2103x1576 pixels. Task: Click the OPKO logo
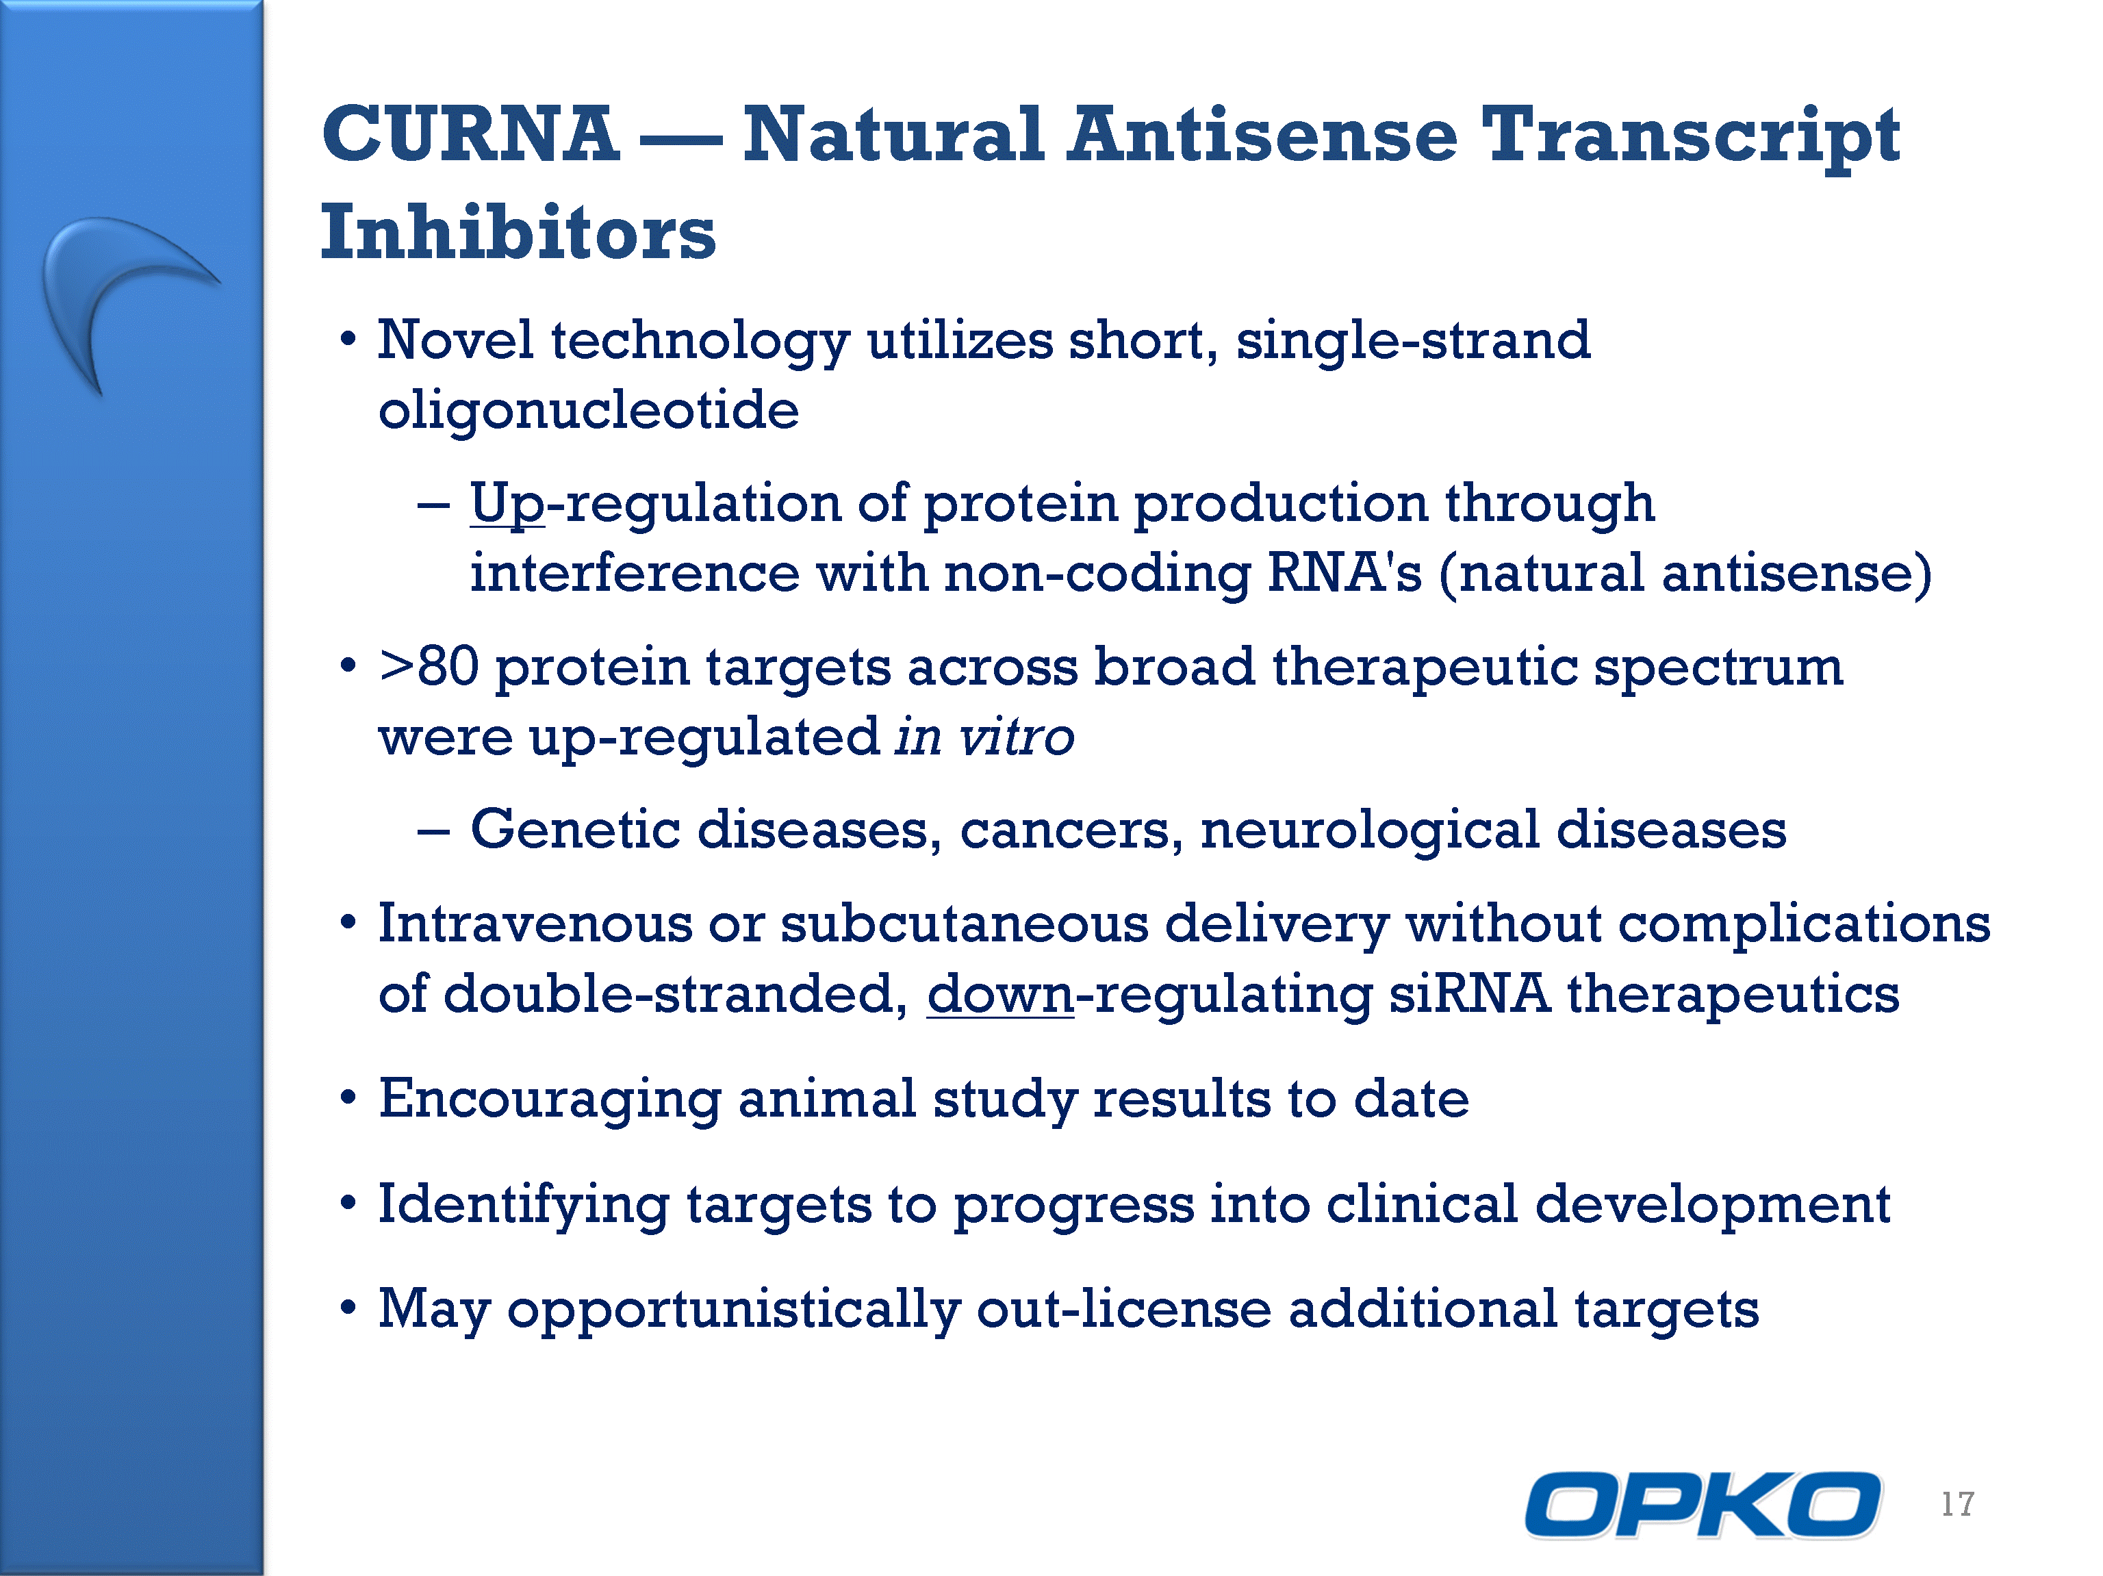click(1702, 1505)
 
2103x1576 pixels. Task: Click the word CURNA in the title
click(470, 134)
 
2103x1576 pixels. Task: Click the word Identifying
click(524, 1206)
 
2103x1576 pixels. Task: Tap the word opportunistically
click(734, 1310)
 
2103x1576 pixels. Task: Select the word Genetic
click(575, 829)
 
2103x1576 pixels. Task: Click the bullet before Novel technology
click(349, 340)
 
